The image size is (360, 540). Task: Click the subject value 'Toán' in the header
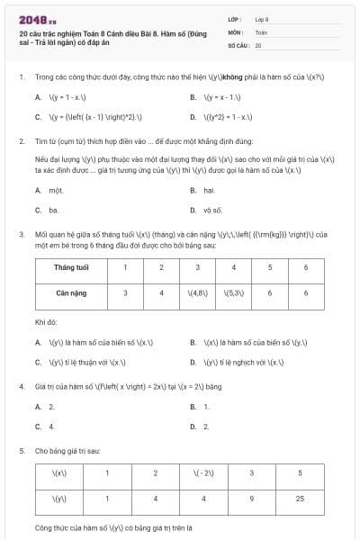point(261,31)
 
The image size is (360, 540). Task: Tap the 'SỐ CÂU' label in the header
point(237,44)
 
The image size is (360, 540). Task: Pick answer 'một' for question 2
point(56,191)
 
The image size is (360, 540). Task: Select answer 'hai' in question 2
point(209,191)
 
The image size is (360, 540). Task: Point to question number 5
point(21,449)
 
